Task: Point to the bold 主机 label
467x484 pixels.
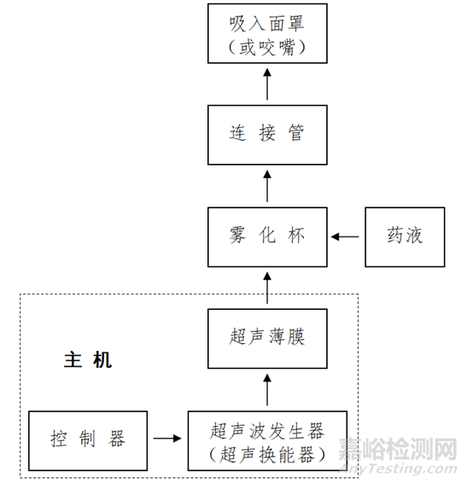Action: point(88,360)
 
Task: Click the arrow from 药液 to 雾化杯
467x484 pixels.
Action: point(345,236)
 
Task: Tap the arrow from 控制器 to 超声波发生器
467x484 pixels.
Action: point(167,438)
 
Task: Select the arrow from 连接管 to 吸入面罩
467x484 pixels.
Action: point(267,85)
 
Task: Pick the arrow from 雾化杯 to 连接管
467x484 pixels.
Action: point(267,186)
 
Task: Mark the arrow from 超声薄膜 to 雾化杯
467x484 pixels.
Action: point(267,288)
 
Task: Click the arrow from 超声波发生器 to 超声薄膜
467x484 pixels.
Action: point(267,389)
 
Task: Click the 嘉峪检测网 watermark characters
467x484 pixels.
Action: point(398,449)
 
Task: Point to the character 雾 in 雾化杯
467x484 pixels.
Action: point(237,236)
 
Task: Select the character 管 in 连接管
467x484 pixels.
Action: point(296,133)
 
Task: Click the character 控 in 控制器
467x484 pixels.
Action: point(59,439)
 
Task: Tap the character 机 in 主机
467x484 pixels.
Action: point(102,360)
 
